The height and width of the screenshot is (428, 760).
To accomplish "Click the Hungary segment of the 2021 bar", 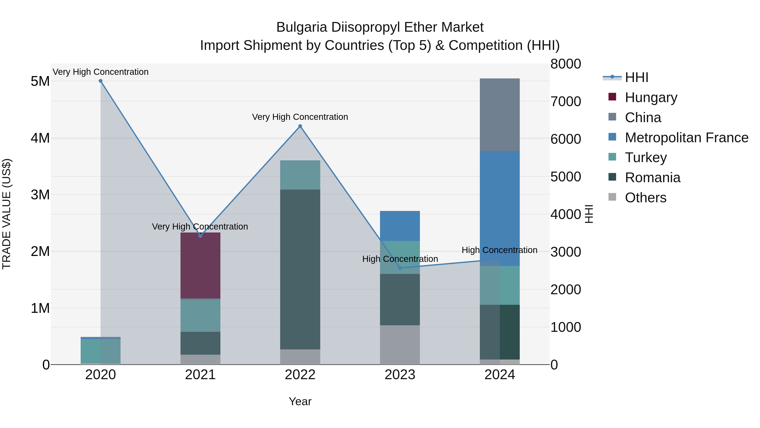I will [x=200, y=266].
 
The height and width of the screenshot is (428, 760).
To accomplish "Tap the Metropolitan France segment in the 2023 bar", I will [x=400, y=226].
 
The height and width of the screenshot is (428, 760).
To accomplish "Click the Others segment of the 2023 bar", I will [x=400, y=345].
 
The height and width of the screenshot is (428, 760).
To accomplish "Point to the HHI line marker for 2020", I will [x=101, y=81].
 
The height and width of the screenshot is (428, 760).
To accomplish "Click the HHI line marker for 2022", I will [x=300, y=126].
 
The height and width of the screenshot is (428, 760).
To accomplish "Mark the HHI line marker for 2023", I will [x=400, y=268].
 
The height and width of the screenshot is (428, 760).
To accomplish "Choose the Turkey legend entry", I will [x=646, y=157].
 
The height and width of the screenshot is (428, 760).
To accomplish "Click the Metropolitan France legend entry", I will [x=686, y=138].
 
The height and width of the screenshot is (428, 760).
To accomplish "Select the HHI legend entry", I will [x=636, y=77].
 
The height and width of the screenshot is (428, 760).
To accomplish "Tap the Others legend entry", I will [x=645, y=198].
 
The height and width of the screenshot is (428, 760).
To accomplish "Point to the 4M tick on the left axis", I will [x=40, y=138].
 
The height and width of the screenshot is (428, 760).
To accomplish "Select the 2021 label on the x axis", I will [x=200, y=375].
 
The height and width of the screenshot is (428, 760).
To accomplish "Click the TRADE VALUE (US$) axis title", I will [x=7, y=214].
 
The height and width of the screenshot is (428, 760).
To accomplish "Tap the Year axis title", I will [x=300, y=401].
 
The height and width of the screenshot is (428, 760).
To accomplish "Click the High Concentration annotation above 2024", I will [x=499, y=250].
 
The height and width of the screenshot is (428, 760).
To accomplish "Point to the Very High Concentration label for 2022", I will [x=300, y=117].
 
